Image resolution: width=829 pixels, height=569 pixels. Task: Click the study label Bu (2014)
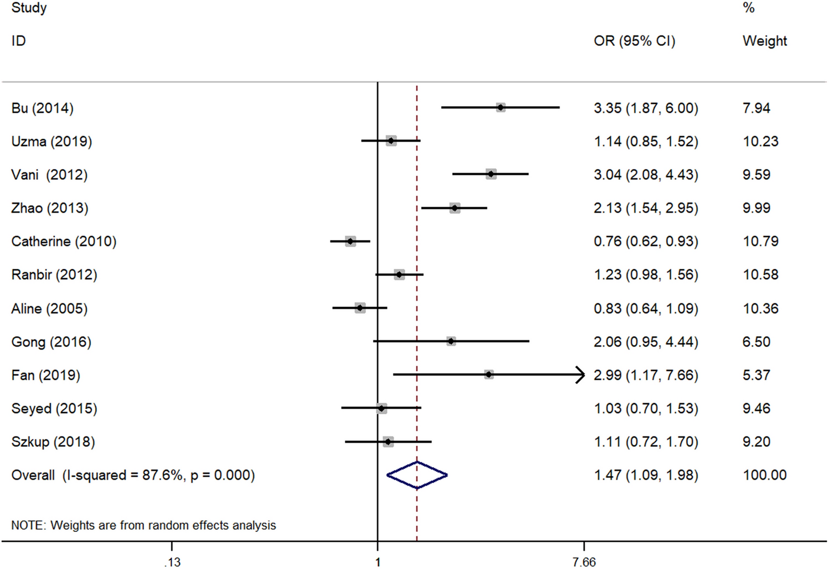pyautogui.click(x=42, y=108)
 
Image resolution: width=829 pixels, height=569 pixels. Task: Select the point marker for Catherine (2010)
pyautogui.click(x=350, y=241)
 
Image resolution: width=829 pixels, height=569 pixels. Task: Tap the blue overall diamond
pyautogui.click(x=417, y=475)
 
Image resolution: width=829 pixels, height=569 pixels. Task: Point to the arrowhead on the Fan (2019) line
pyautogui.click(x=581, y=375)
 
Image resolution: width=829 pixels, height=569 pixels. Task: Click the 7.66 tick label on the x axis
pyautogui.click(x=584, y=562)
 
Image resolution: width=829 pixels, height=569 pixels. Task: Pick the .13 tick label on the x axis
pyautogui.click(x=172, y=562)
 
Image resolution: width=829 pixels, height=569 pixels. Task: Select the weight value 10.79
pyautogui.click(x=760, y=242)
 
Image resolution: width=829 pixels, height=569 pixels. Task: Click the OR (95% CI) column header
pyautogui.click(x=634, y=41)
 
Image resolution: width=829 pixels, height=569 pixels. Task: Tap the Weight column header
pyautogui.click(x=764, y=41)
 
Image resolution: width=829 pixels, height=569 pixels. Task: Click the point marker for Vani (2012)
pyautogui.click(x=491, y=174)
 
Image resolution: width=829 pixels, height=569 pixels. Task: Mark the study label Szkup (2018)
pyautogui.click(x=53, y=442)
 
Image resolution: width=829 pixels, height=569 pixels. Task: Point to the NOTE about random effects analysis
pyautogui.click(x=143, y=525)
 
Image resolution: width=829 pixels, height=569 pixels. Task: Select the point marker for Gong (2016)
pyautogui.click(x=451, y=342)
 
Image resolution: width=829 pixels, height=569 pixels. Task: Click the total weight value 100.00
pyautogui.click(x=764, y=475)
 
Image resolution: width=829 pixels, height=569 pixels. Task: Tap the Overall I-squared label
pyautogui.click(x=133, y=475)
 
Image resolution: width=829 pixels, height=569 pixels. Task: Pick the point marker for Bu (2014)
pyautogui.click(x=500, y=107)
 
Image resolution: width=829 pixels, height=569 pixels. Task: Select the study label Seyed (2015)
pyautogui.click(x=54, y=409)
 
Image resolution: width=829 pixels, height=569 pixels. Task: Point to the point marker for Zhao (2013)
pyautogui.click(x=454, y=208)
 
